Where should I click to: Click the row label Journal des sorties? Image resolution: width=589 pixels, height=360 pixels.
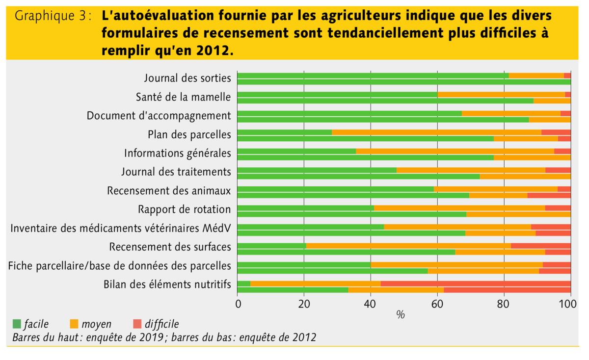tap(187, 78)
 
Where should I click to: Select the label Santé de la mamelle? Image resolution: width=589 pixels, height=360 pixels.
tap(183, 97)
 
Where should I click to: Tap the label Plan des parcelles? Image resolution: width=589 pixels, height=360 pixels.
tap(189, 134)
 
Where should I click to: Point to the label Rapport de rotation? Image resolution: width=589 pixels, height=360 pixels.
tap(184, 209)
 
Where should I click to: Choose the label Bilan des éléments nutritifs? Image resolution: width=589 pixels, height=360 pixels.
tap(167, 284)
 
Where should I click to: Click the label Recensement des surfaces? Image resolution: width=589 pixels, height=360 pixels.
tap(170, 247)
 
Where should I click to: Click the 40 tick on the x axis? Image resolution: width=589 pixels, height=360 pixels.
tap(371, 304)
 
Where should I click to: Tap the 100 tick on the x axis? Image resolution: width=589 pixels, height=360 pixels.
tap(569, 304)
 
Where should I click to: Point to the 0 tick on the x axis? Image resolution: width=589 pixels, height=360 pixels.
tap(238, 304)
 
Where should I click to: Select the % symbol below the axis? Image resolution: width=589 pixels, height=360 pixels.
tap(401, 315)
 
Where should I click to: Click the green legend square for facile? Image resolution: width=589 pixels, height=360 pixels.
tap(17, 324)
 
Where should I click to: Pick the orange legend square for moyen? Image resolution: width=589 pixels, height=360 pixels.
tap(75, 324)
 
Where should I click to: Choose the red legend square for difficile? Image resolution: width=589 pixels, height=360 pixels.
tap(136, 324)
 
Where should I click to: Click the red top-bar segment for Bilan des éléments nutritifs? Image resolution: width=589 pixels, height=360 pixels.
tap(475, 283)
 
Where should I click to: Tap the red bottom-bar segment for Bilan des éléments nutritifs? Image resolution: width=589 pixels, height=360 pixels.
tap(507, 289)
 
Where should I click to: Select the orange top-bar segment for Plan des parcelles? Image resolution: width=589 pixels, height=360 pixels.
tap(436, 132)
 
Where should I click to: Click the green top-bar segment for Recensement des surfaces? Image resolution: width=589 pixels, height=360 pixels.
tap(271, 245)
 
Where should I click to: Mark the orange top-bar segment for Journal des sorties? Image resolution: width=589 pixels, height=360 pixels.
tap(536, 76)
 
